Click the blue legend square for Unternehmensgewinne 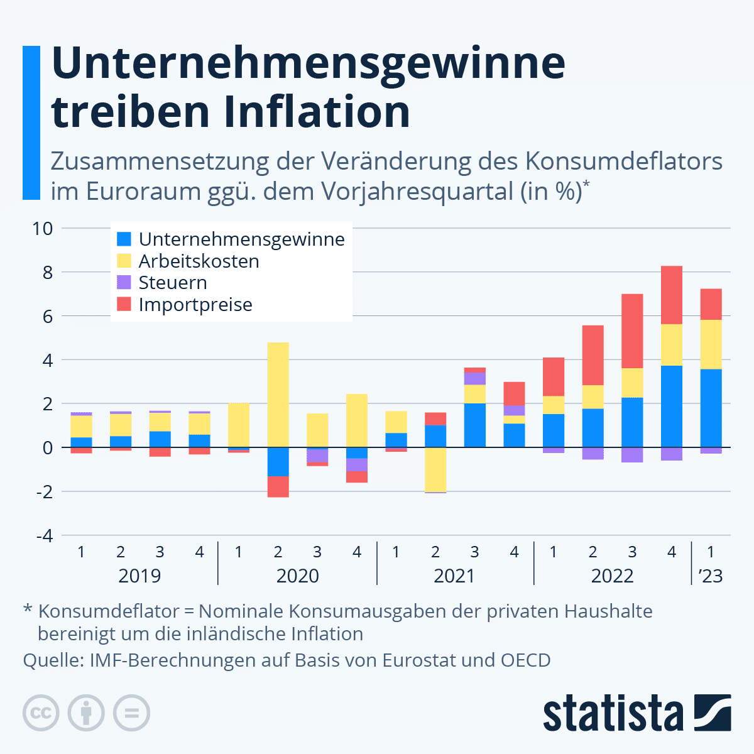124,239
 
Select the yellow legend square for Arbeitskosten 124,261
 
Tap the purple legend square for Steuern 124,283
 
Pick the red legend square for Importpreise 124,305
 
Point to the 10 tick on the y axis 43,228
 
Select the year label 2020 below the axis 297,576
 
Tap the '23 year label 711,576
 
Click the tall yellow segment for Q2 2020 278,395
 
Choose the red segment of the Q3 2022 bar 632,331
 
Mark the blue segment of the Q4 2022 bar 672,407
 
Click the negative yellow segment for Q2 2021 435,469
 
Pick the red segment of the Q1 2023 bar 711,305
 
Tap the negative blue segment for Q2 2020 278,462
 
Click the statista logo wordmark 613,713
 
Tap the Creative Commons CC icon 41,713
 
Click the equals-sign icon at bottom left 132,713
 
